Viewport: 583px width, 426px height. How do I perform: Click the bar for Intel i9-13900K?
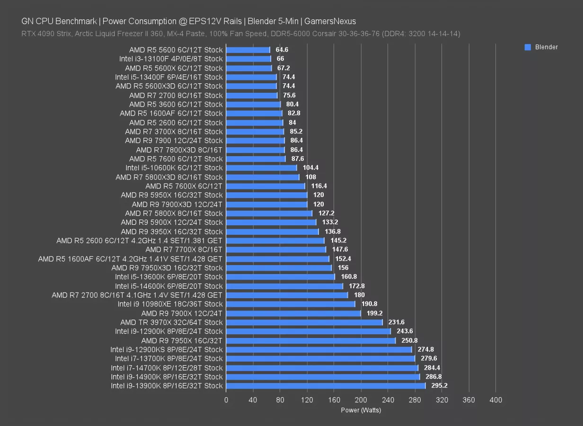click(x=326, y=386)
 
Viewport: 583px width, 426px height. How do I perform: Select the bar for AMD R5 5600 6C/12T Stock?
click(x=248, y=50)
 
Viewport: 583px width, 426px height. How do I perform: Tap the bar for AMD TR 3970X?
click(x=304, y=322)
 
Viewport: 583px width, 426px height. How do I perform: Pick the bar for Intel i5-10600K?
click(x=261, y=168)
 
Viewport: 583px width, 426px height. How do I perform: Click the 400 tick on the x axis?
click(x=495, y=400)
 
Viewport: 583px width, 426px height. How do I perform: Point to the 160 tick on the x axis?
click(x=334, y=400)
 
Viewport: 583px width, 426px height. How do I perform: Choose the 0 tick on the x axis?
click(x=226, y=400)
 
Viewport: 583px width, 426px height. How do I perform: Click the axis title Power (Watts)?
click(x=361, y=410)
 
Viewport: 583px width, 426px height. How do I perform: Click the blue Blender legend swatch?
click(x=528, y=47)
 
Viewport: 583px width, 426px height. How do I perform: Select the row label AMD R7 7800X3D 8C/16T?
click(x=179, y=150)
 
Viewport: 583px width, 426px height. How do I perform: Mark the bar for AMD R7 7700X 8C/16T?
click(x=276, y=249)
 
